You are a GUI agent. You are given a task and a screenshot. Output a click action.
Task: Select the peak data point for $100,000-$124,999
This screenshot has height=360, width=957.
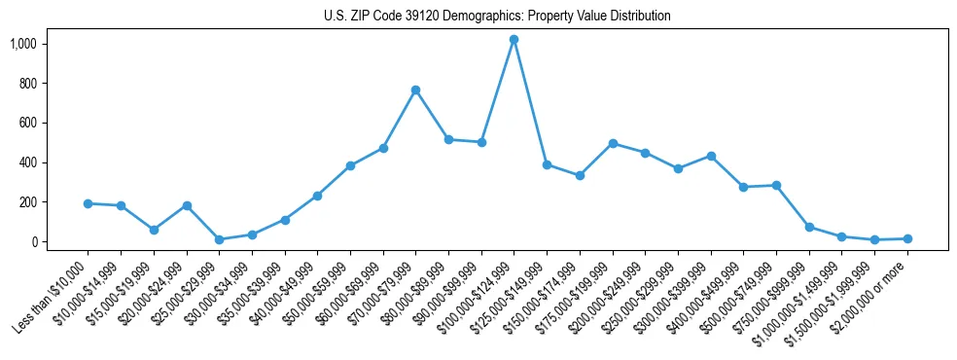pos(514,39)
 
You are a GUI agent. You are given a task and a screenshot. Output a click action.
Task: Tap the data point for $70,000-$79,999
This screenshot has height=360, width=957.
pos(415,90)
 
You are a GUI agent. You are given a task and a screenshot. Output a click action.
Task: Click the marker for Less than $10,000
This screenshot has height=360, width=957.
pos(88,203)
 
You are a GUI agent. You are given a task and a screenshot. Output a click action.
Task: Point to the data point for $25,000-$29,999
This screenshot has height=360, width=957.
pos(219,239)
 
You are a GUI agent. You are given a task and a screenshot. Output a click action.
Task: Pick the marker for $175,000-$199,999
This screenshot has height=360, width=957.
pos(613,143)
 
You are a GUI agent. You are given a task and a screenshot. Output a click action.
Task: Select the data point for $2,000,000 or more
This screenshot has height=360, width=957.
pos(907,238)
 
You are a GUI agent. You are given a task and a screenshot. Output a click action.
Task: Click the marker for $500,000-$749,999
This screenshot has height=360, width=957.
pos(776,185)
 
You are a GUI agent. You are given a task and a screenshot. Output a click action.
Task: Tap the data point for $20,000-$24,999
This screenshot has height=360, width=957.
pos(187,205)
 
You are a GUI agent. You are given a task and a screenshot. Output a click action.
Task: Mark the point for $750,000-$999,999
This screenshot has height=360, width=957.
pos(809,227)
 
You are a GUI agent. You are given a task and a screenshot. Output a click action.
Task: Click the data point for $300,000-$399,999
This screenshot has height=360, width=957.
pos(711,156)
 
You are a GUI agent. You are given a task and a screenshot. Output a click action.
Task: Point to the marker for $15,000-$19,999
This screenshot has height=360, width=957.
pos(154,230)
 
